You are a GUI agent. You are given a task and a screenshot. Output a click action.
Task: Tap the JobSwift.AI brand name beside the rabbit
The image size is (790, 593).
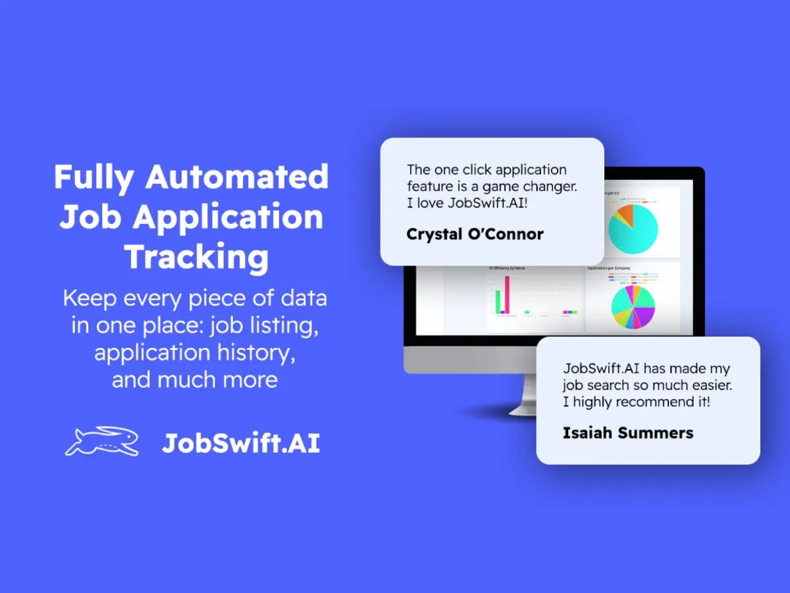click(240, 443)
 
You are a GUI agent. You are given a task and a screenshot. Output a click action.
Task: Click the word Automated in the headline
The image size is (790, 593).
click(237, 177)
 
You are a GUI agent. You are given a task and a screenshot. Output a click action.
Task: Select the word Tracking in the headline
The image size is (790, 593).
click(197, 256)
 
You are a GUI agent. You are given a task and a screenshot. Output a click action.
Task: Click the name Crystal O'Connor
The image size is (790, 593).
click(475, 234)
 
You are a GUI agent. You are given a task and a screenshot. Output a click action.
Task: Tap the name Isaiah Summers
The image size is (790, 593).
click(627, 433)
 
